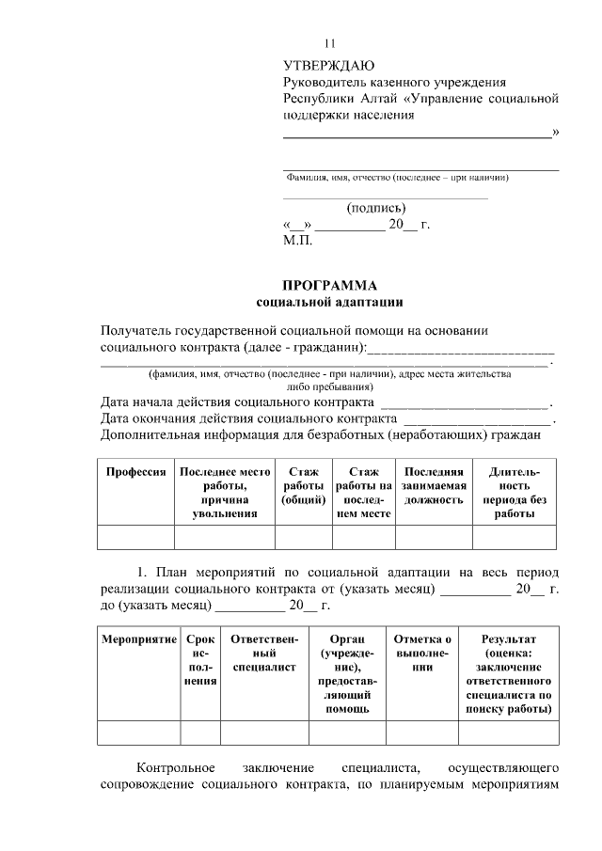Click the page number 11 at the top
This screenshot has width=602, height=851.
[329, 44]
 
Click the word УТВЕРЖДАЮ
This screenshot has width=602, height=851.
[328, 66]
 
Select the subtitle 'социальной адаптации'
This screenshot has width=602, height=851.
[329, 302]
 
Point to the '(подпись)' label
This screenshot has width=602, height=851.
[376, 208]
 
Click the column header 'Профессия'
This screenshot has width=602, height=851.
[136, 472]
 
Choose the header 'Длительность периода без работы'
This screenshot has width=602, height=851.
[514, 493]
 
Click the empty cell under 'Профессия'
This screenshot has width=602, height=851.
[136, 537]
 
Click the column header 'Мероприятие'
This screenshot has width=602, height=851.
[139, 639]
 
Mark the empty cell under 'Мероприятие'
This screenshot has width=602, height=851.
[139, 733]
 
